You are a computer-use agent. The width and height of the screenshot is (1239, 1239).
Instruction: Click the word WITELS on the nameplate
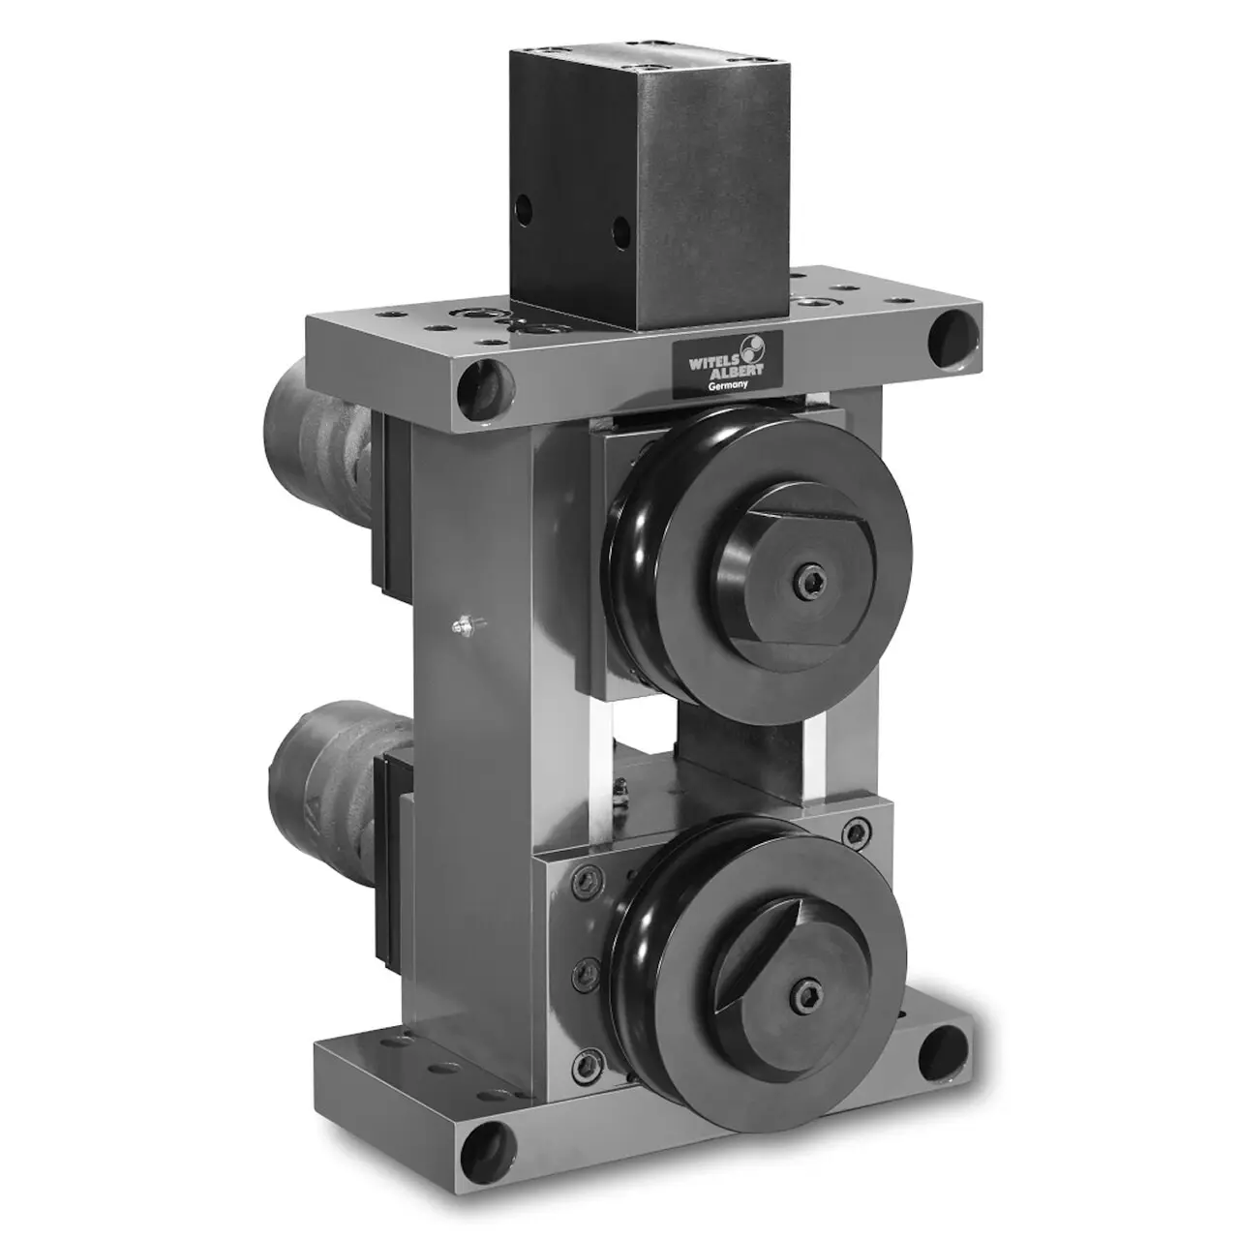(711, 361)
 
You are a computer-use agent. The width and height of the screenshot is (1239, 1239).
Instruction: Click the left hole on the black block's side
(524, 210)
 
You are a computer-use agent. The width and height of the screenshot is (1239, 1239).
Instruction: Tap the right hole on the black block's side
(621, 234)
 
